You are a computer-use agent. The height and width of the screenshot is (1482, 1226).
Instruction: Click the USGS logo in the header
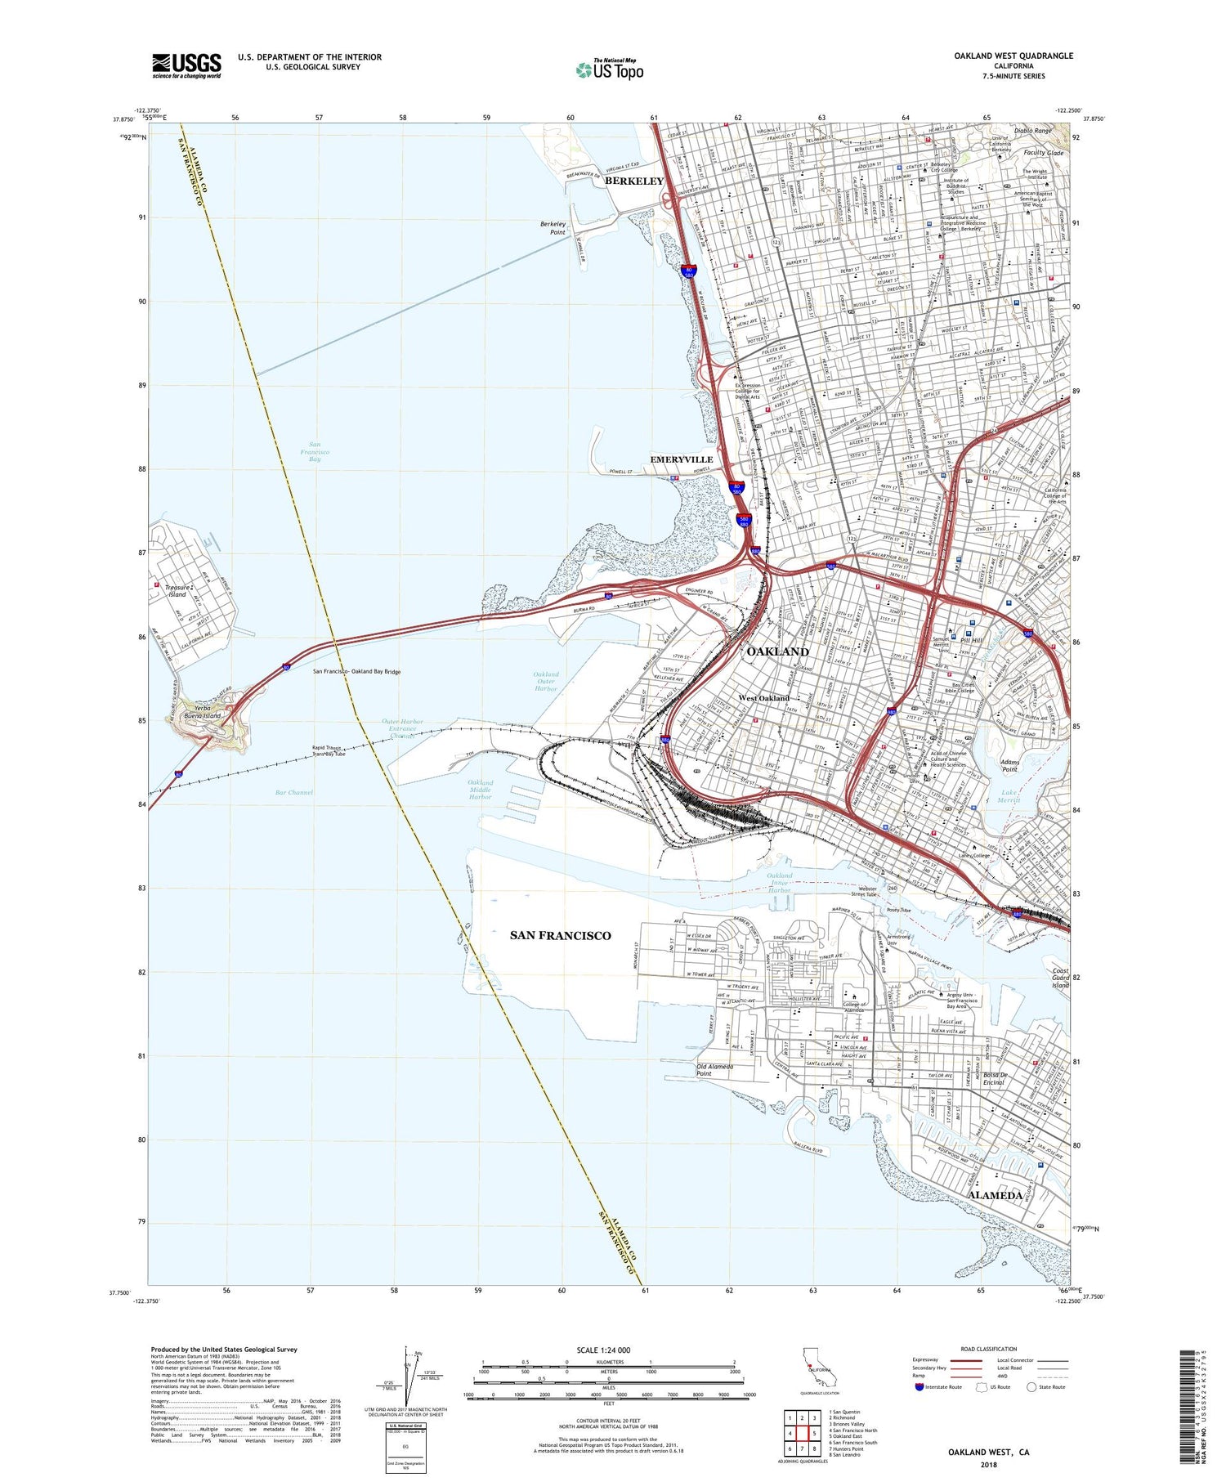[x=186, y=65]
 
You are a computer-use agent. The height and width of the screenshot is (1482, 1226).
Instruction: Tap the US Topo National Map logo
[x=610, y=69]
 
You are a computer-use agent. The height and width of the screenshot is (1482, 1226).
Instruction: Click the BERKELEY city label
[x=634, y=181]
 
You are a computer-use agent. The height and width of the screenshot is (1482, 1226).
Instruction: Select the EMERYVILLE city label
[x=682, y=459]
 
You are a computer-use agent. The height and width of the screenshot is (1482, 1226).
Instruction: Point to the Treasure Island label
[x=177, y=591]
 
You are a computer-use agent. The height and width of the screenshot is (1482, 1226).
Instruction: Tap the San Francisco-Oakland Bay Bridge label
[x=357, y=672]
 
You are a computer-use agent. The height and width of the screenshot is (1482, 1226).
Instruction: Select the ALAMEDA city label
[x=995, y=1195]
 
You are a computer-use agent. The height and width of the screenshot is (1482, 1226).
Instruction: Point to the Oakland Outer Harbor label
[x=546, y=682]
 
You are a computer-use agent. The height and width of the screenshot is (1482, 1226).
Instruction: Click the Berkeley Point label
[x=553, y=228]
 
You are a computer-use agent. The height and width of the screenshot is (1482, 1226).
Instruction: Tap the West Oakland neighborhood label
[x=764, y=698]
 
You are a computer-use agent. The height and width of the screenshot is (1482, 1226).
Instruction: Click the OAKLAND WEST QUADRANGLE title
[x=1013, y=56]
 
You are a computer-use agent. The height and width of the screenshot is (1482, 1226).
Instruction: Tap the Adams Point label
[x=1009, y=765]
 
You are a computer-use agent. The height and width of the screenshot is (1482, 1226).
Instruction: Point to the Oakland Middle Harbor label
[x=481, y=789]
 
